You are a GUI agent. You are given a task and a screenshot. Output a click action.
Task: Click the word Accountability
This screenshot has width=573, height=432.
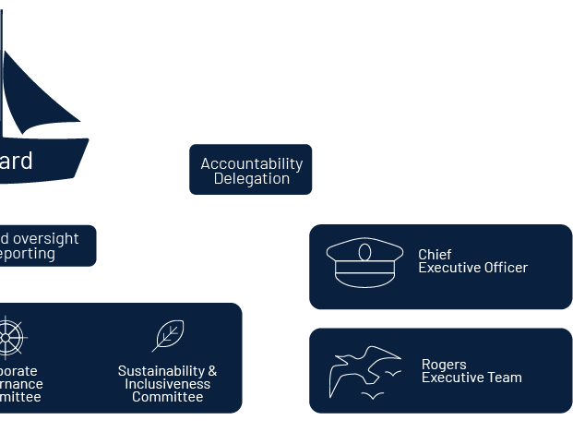[x=251, y=163]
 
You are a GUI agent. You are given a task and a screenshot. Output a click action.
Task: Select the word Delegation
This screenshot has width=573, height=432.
[x=251, y=179]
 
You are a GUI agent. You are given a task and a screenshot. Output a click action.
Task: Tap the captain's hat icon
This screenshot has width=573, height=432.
[x=364, y=262]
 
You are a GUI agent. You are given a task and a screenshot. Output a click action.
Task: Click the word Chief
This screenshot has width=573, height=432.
[x=435, y=254]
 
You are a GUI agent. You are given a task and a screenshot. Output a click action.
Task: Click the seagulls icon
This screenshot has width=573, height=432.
[x=365, y=372]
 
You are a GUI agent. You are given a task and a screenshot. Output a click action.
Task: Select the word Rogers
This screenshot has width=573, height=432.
[x=444, y=364]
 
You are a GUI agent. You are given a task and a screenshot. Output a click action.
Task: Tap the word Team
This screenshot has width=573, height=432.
[x=505, y=378]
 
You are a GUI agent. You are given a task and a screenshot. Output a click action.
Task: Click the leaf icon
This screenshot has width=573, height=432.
[x=168, y=336]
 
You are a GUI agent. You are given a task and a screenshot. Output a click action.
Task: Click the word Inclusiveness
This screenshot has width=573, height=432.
[x=167, y=384]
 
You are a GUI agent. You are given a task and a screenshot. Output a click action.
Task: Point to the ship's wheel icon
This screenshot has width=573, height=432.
[x=7, y=338]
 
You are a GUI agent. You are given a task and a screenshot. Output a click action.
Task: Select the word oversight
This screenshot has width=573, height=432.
[x=45, y=238]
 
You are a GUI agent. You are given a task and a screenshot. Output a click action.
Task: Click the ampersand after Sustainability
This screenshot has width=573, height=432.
[x=212, y=371]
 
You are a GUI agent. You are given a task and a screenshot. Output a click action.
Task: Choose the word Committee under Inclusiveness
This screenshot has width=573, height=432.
[x=167, y=397]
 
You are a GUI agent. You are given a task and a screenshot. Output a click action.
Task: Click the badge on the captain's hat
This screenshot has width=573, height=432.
[x=364, y=253]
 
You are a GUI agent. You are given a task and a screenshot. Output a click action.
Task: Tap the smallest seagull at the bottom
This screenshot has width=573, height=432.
[x=373, y=396]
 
